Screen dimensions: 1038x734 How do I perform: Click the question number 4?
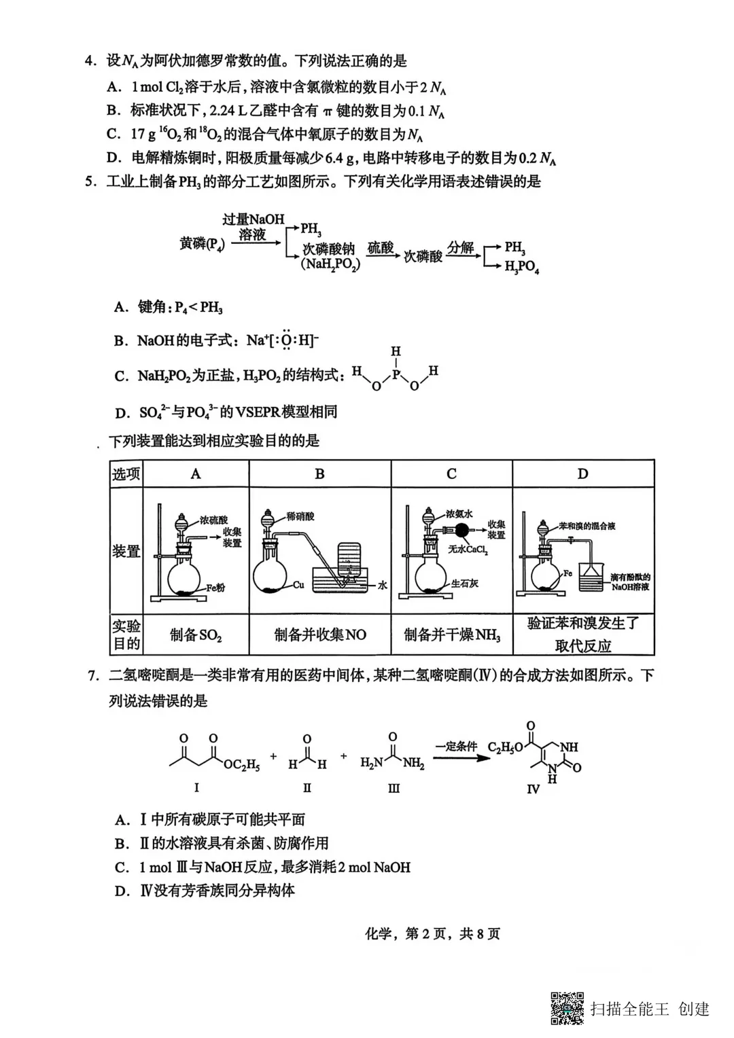click(x=89, y=61)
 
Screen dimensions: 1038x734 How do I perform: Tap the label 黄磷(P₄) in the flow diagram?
click(x=202, y=244)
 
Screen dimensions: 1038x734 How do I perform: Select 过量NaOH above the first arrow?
click(x=253, y=219)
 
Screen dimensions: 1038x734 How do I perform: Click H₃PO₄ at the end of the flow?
click(x=521, y=267)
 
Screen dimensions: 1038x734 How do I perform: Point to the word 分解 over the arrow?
click(x=460, y=247)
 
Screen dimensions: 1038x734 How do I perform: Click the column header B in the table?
click(x=319, y=473)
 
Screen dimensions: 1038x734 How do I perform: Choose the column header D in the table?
click(x=582, y=473)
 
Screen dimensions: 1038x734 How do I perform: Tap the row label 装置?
click(x=126, y=551)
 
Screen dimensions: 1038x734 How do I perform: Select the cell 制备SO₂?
click(x=196, y=635)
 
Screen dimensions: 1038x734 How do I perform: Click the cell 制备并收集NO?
click(x=320, y=635)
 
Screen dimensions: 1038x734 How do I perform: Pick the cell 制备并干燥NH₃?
click(x=452, y=635)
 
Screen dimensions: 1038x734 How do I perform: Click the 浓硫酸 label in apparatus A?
click(x=213, y=520)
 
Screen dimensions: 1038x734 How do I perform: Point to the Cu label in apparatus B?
click(x=298, y=584)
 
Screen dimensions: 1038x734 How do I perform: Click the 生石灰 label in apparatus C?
click(x=465, y=583)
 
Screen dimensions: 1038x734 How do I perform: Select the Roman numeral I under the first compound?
click(x=196, y=787)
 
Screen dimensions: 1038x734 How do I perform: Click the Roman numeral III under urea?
click(x=394, y=788)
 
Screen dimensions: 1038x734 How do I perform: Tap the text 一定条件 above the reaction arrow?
click(x=457, y=746)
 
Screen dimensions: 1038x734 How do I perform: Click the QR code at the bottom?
click(x=567, y=1008)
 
